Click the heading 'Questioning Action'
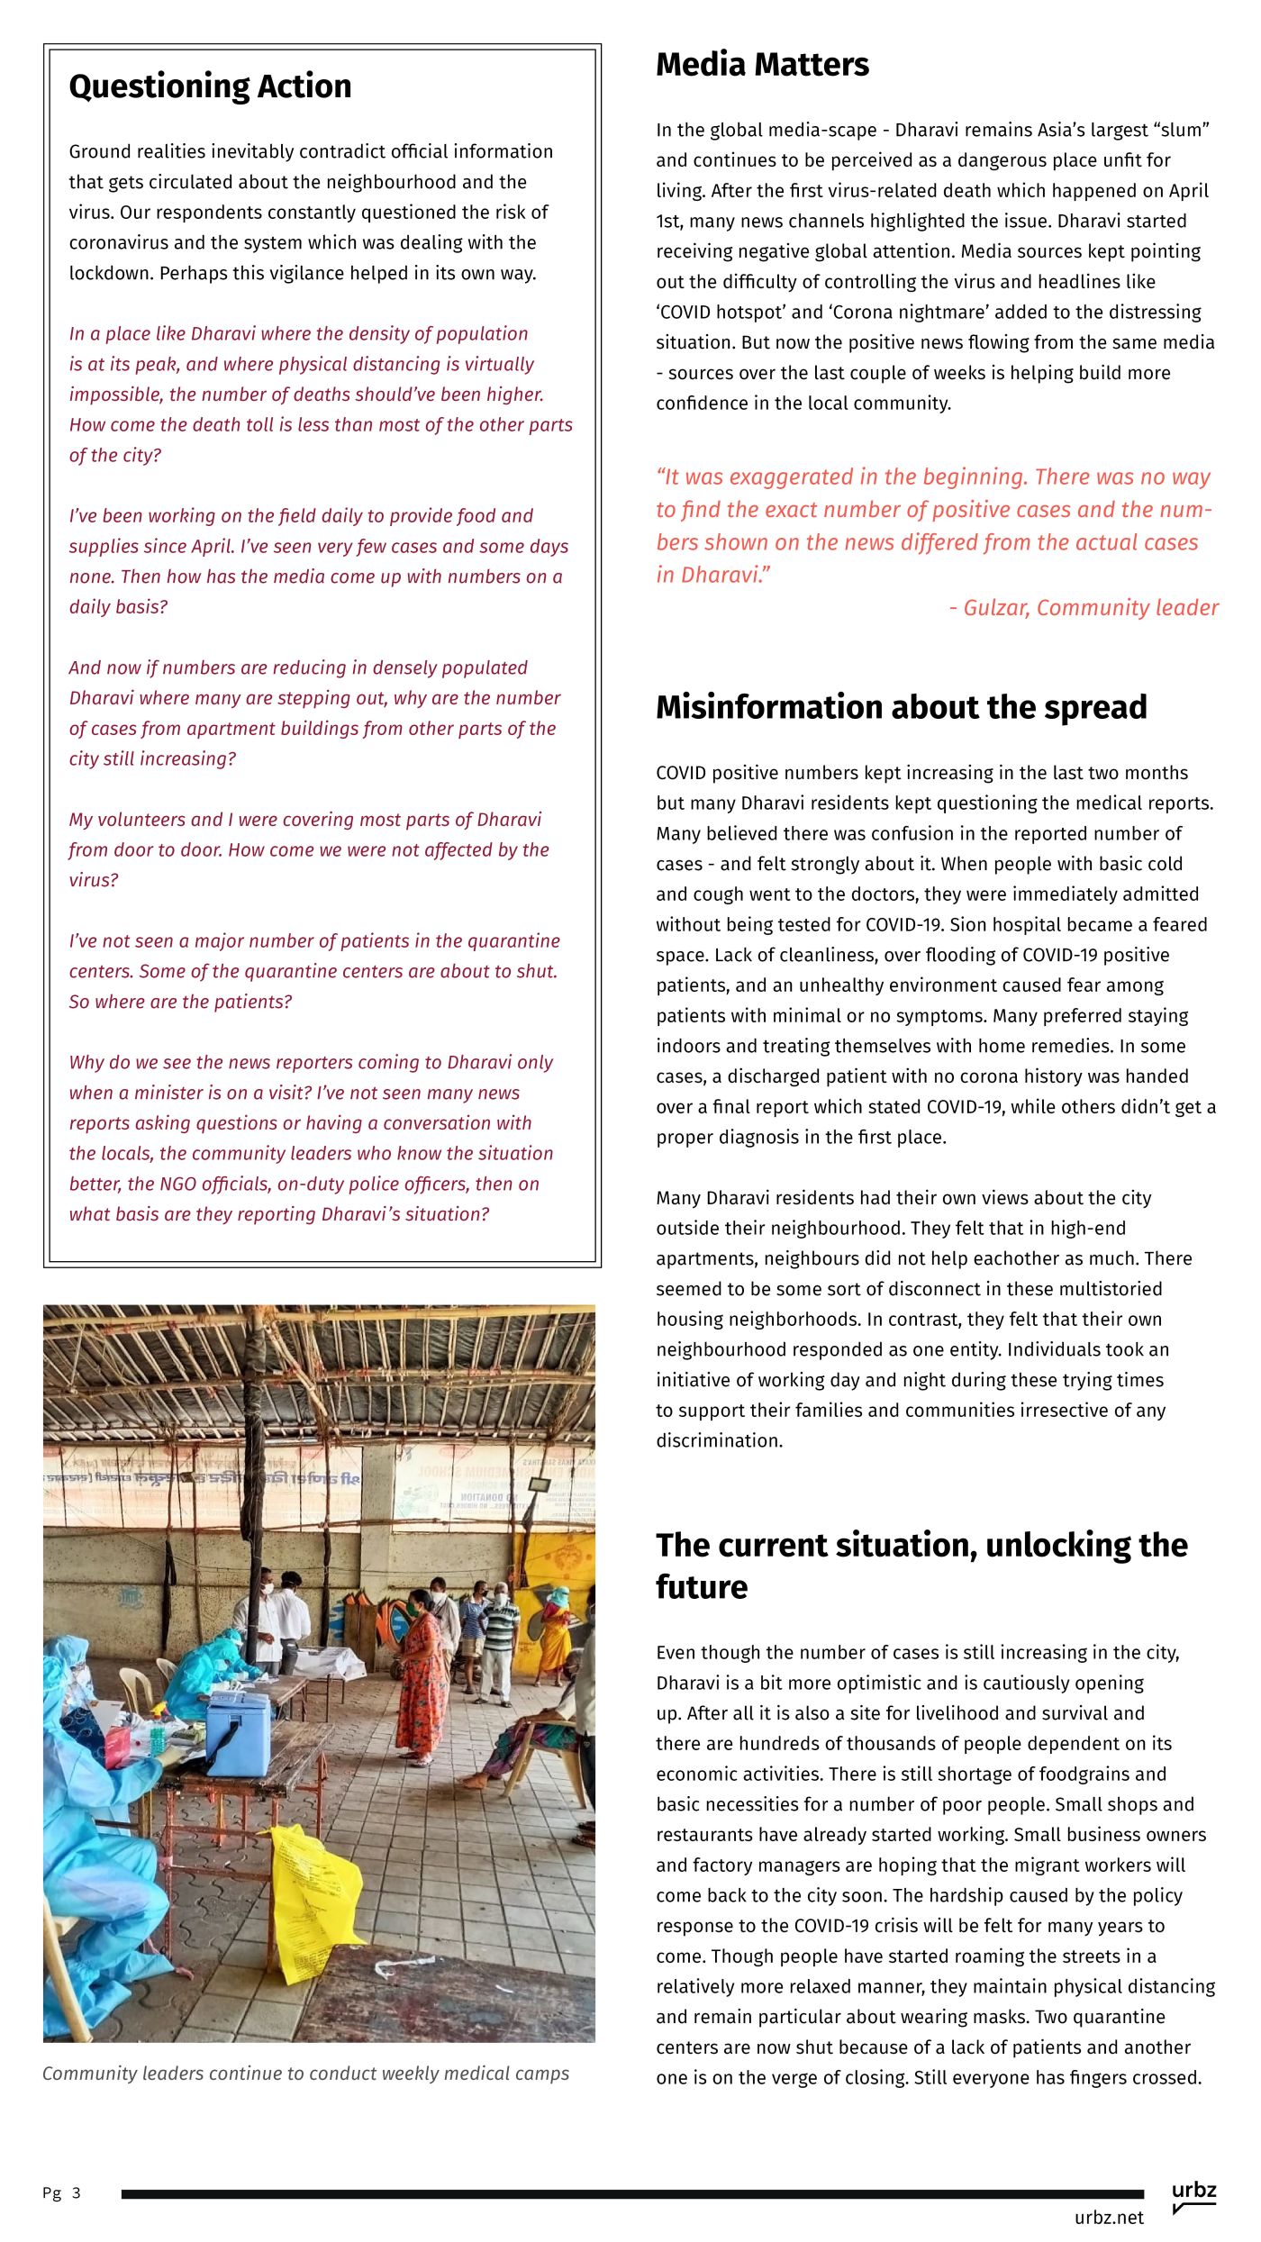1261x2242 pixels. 210,86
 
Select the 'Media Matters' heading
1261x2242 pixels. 762,65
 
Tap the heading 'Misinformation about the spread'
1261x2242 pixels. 901,707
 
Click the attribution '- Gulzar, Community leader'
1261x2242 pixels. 1084,608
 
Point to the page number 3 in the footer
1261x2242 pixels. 77,2192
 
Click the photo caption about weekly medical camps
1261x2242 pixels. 306,2073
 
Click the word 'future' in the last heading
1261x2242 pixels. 702,1586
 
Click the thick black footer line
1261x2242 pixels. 630,2194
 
